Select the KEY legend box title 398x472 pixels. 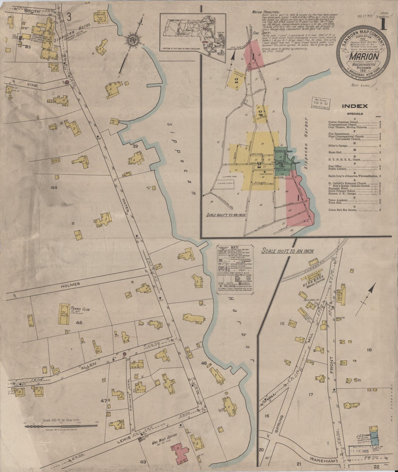click(x=234, y=247)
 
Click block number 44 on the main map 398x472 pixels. click(x=54, y=187)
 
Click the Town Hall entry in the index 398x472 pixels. click(x=335, y=203)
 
